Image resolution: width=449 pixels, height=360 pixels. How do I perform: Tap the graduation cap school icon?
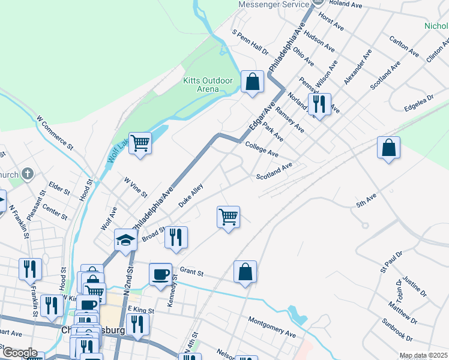click(126, 239)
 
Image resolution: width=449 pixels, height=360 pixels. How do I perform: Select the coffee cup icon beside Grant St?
click(160, 274)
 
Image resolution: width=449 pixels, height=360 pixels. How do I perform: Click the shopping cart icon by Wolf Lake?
click(140, 143)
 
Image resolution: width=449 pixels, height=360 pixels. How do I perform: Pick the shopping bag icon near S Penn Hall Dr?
click(253, 81)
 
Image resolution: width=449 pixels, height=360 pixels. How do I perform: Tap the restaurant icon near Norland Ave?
click(319, 104)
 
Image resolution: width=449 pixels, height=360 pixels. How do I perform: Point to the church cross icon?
click(26, 174)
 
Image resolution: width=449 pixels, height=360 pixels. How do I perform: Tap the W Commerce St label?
click(55, 133)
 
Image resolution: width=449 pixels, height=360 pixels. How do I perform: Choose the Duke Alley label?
click(191, 196)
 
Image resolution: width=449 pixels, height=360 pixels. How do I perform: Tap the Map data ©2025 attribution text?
click(423, 355)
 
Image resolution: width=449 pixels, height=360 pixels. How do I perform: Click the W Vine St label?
click(136, 187)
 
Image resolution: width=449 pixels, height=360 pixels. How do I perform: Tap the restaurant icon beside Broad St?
click(176, 237)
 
